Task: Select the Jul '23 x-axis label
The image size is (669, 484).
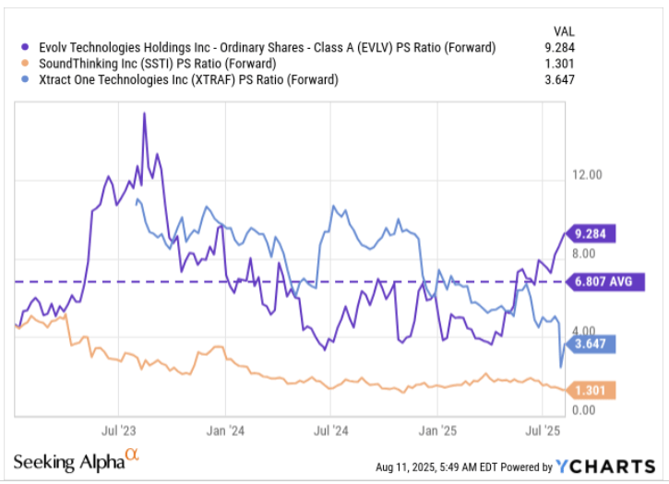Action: [x=118, y=431]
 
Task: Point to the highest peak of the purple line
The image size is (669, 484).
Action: [x=145, y=113]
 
